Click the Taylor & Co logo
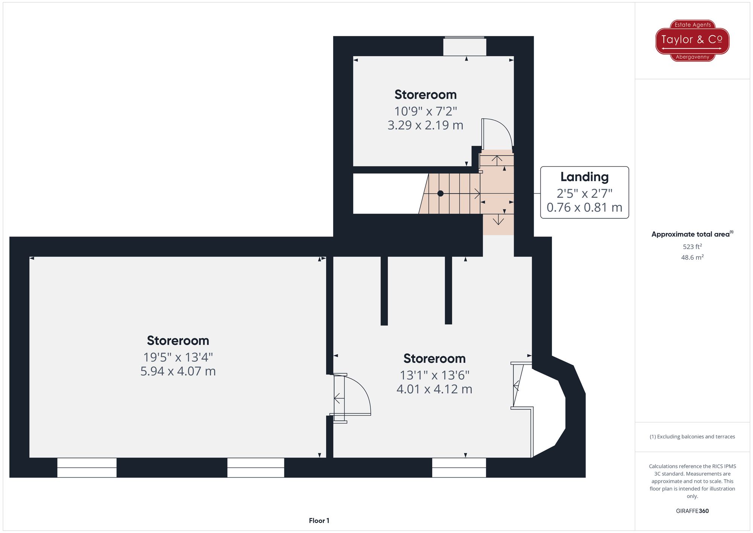[692, 40]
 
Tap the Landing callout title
[584, 177]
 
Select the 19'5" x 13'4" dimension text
[178, 357]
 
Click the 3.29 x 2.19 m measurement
[425, 125]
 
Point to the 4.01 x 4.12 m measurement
[434, 389]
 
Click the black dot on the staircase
[440, 194]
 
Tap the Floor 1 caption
[319, 521]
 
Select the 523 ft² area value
[692, 247]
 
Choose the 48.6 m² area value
[692, 258]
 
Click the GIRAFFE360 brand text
[692, 511]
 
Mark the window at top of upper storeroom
[465, 46]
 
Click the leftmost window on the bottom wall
[87, 467]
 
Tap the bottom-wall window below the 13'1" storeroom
[459, 467]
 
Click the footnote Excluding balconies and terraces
[692, 437]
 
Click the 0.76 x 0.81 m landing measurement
[584, 207]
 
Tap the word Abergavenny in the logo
[692, 57]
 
